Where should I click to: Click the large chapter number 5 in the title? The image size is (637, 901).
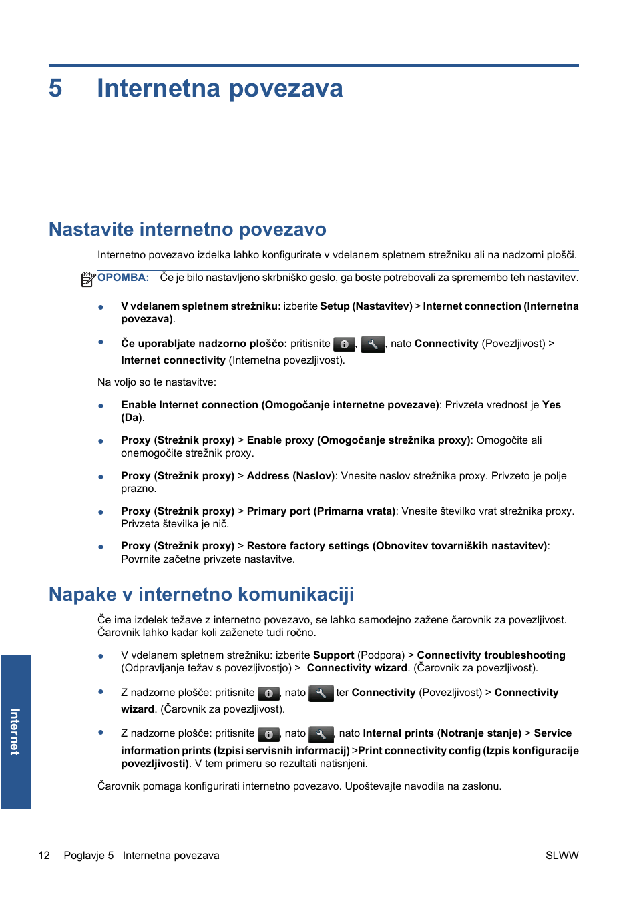[x=55, y=89]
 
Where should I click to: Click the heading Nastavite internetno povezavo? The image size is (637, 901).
[x=187, y=229]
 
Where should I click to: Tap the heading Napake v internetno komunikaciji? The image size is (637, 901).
[x=201, y=594]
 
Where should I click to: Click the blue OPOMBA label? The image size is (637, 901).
[x=123, y=278]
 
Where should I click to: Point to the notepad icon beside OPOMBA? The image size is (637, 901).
[x=88, y=279]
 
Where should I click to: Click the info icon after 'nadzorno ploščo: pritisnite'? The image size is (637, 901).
[x=344, y=344]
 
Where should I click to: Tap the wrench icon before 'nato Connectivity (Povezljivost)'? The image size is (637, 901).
[x=373, y=344]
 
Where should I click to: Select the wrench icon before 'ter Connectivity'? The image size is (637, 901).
[x=321, y=693]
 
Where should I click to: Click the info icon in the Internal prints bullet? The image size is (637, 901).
[x=268, y=734]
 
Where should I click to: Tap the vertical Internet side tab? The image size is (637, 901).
[x=15, y=731]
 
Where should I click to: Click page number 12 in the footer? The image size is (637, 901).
[x=44, y=855]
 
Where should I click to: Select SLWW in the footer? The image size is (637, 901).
[x=562, y=855]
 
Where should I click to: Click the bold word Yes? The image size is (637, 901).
[x=551, y=405]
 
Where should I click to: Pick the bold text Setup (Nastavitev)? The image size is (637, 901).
[x=366, y=306]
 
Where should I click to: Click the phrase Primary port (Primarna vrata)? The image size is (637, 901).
[x=321, y=511]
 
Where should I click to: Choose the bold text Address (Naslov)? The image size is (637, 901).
[x=290, y=476]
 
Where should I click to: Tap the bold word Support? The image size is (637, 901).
[x=333, y=655]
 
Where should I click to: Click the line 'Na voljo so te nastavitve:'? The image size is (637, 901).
[x=156, y=382]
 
